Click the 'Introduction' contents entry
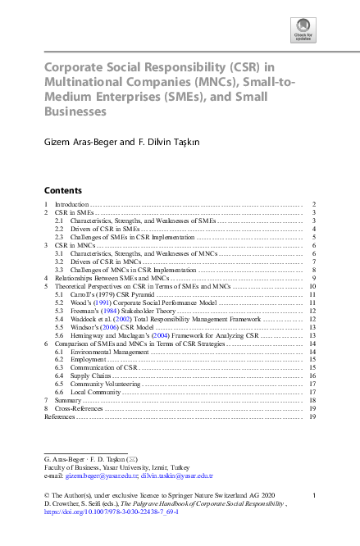point(71,203)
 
